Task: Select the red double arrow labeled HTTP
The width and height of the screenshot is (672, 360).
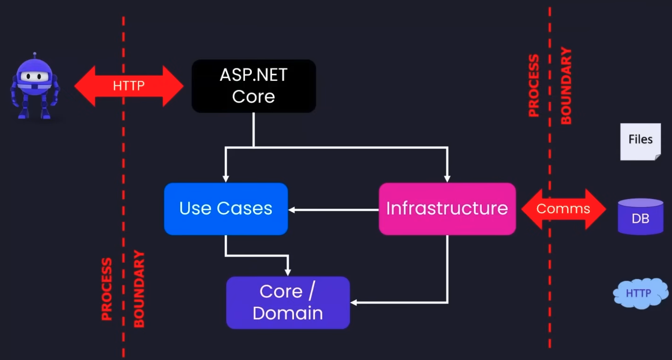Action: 129,86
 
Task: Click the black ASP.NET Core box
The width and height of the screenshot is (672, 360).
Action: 254,86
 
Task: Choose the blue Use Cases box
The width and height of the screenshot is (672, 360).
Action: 226,209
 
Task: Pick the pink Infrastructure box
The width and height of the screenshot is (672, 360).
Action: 447,209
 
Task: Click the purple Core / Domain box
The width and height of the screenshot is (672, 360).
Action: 288,302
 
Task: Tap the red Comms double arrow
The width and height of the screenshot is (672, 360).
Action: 563,209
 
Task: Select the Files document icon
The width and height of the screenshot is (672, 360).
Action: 640,141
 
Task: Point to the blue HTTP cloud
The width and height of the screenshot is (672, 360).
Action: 639,294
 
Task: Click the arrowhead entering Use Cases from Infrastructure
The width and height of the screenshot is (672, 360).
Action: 292,210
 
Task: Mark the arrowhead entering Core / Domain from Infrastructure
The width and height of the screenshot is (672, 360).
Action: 354,303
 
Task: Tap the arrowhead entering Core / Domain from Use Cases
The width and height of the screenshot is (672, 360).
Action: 288,273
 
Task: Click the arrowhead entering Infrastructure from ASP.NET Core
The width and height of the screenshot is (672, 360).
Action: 447,179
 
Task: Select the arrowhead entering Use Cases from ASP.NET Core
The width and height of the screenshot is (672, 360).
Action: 226,179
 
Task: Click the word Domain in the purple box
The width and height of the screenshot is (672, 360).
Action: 288,313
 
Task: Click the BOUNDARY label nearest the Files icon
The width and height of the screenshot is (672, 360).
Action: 566,86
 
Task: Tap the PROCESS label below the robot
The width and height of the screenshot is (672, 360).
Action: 107,289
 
